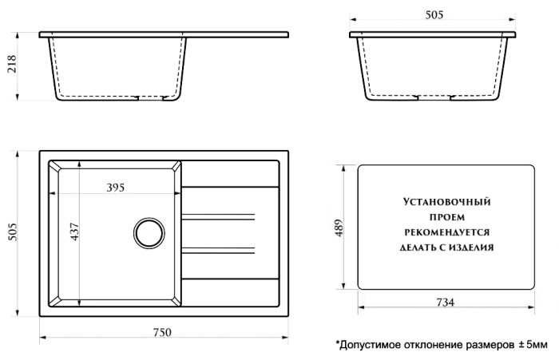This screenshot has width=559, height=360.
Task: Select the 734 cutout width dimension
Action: point(446,303)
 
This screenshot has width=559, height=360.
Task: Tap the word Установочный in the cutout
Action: point(446,204)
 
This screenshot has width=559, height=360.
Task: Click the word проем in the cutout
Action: point(446,217)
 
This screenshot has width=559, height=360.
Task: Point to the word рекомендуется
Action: point(446,231)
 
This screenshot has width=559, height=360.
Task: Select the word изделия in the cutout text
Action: point(474,247)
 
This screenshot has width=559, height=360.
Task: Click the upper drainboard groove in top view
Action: point(220,216)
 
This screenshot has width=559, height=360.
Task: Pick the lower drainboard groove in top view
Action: point(220,245)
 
